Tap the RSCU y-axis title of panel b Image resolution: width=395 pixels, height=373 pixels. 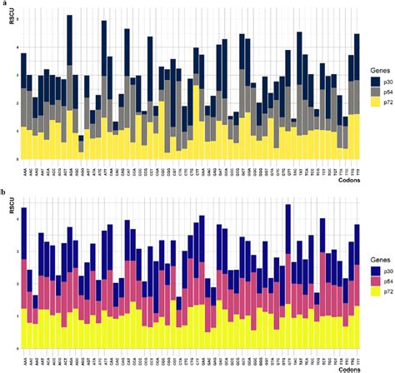[x=12, y=198]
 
